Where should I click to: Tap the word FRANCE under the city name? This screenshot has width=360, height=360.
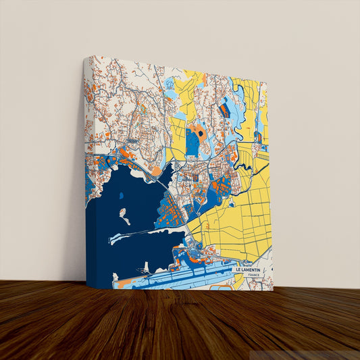(x=253, y=276)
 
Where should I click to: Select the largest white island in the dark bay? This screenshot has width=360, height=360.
(x=125, y=217)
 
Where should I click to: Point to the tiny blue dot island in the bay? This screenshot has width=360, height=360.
(x=121, y=196)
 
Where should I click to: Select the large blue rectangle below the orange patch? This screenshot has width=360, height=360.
(x=193, y=143)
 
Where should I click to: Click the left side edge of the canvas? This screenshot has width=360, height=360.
(x=86, y=169)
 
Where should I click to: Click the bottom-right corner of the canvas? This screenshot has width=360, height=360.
(x=274, y=289)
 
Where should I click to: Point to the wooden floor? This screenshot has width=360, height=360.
(x=180, y=324)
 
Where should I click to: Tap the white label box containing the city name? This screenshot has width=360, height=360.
(x=252, y=272)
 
